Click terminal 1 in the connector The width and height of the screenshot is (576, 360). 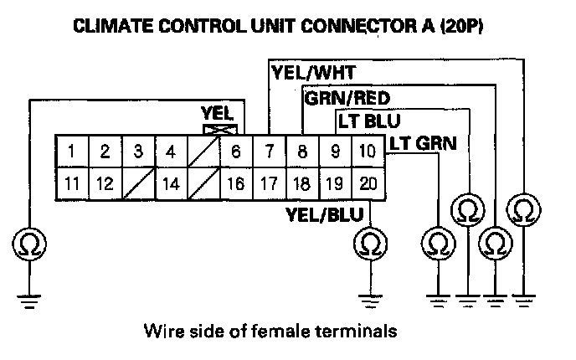point(72,152)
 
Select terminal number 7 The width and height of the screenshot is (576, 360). point(270,152)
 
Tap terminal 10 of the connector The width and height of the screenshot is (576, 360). point(368,152)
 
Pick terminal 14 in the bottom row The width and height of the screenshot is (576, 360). point(171,183)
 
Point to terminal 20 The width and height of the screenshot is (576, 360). point(368,183)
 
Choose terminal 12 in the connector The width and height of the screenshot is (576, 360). point(105,183)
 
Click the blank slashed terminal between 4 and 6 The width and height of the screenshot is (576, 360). point(204,152)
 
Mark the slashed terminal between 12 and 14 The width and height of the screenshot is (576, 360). point(138,183)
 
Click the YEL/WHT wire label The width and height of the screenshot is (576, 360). point(313,73)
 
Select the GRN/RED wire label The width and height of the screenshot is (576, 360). point(347,99)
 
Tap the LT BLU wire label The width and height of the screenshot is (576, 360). point(369,121)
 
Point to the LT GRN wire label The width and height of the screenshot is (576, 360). point(423,143)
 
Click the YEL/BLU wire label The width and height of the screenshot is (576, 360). point(325,214)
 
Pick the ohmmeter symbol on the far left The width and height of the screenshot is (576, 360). point(29,244)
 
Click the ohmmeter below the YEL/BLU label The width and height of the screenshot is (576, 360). point(370,243)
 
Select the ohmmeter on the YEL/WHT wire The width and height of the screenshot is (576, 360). point(523,210)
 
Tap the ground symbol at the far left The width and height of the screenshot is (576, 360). point(29,301)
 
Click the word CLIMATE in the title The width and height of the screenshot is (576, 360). point(113,27)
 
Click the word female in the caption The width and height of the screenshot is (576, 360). point(282,331)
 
